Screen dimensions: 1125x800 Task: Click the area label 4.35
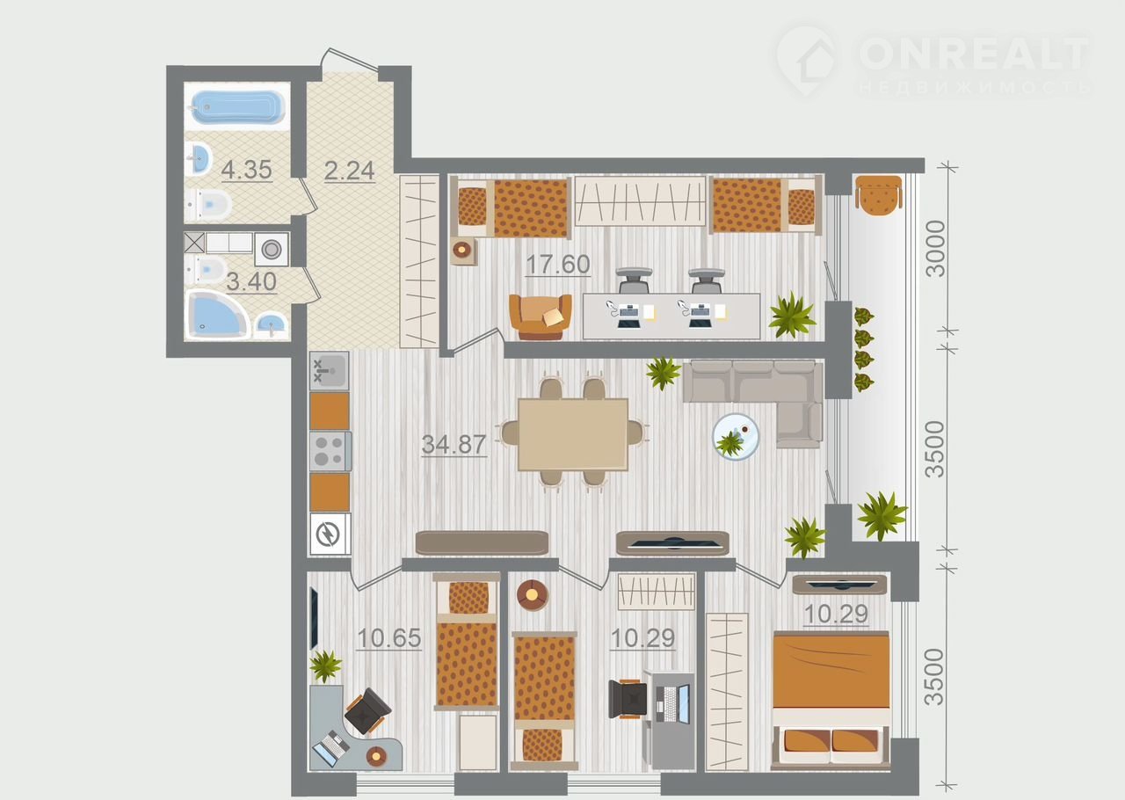247,170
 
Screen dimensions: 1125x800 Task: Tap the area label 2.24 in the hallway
350,171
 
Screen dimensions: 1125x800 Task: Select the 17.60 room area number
558,265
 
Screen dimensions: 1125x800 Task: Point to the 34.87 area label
454,444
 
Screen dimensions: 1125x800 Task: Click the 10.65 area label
389,638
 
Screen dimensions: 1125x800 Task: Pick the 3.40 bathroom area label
251,281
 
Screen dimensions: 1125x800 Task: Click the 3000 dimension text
935,248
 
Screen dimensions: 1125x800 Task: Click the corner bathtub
218,315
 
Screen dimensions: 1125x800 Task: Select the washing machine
272,250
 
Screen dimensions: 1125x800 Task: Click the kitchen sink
329,371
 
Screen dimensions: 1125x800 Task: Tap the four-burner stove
330,451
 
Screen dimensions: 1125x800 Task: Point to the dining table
573,434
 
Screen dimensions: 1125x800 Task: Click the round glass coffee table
736,437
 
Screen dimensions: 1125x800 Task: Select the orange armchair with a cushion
541,317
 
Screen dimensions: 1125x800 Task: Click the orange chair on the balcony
878,195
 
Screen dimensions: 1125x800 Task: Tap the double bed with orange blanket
831,701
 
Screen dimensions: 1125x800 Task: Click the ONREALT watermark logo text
973,53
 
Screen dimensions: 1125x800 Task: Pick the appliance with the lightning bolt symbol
330,534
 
